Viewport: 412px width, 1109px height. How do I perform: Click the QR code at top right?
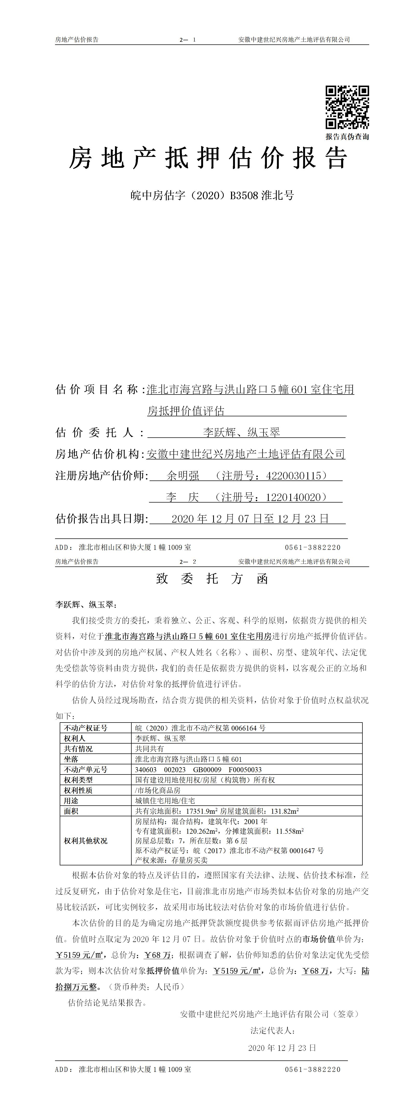(x=347, y=107)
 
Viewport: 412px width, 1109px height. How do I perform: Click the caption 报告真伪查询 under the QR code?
(x=347, y=137)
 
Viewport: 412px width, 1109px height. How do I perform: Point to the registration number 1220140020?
(x=294, y=497)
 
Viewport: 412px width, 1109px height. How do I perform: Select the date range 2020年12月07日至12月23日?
(x=250, y=519)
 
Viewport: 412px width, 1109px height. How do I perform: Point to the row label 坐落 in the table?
(x=71, y=759)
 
